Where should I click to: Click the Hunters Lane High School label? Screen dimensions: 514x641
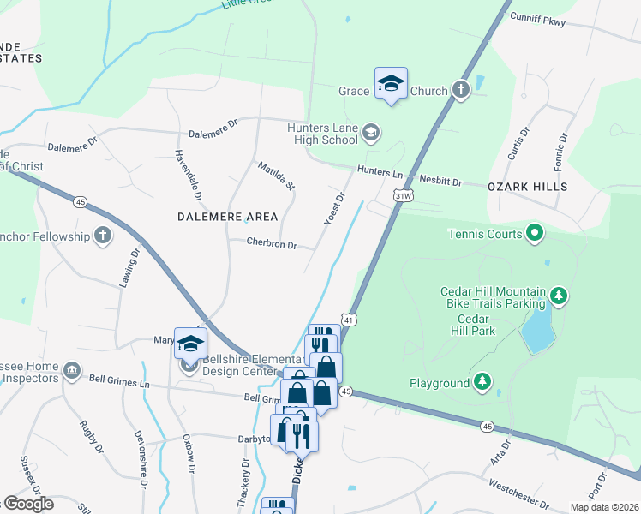(322, 134)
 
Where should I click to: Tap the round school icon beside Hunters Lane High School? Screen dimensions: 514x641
(371, 132)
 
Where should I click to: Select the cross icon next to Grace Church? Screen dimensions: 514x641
(461, 90)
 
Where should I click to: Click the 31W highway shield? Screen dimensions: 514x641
(404, 196)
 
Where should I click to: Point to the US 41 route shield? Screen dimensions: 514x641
(350, 320)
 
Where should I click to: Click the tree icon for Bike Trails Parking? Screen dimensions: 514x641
(559, 296)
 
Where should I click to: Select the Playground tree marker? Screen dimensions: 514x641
(483, 382)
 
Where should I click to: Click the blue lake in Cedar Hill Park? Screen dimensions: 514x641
(536, 330)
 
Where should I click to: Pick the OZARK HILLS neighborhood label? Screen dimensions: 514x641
(527, 187)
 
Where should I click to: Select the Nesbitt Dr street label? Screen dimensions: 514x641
(440, 182)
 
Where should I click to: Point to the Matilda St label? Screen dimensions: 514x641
(277, 174)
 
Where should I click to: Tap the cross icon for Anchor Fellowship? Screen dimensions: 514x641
(103, 236)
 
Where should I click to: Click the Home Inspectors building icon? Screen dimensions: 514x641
(72, 372)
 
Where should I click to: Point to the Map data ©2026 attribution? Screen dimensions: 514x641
(603, 507)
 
